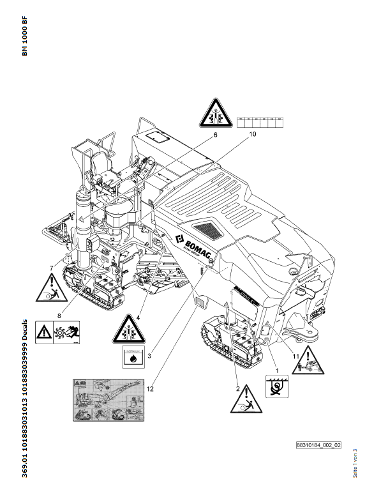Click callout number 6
pos(215,135)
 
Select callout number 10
pos(252,135)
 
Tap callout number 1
pos(276,370)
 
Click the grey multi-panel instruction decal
pos(107,399)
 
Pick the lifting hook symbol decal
pos(277,388)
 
